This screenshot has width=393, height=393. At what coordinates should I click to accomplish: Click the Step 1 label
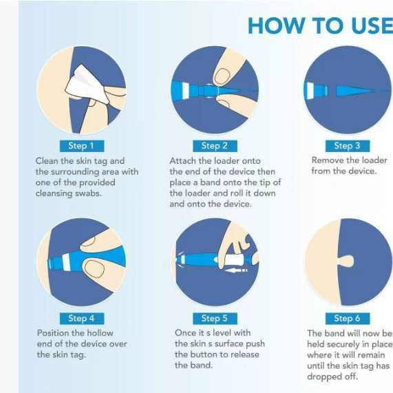coord(82,146)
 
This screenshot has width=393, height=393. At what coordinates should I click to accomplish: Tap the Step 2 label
coord(215,146)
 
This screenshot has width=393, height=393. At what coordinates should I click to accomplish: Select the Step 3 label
coord(348,146)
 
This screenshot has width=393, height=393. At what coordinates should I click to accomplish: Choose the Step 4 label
coord(82,318)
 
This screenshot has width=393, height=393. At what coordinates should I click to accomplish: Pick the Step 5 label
coord(215,318)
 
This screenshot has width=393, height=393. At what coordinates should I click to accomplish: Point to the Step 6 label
coord(348,318)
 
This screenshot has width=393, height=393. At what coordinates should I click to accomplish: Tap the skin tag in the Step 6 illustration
coord(346,262)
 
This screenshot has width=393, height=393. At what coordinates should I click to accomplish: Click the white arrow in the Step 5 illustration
coord(235,270)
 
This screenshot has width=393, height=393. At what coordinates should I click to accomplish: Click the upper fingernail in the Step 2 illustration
coord(222,76)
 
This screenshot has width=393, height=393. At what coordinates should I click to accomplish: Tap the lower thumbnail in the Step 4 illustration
coord(94,269)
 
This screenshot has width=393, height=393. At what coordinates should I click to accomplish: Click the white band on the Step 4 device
coord(66,262)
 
